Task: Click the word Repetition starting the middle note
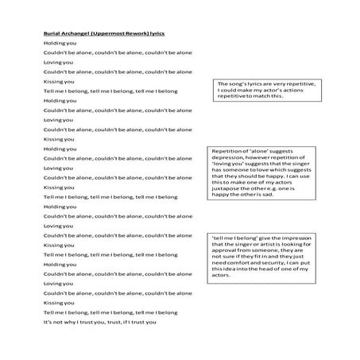pyautogui.click(x=226, y=151)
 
